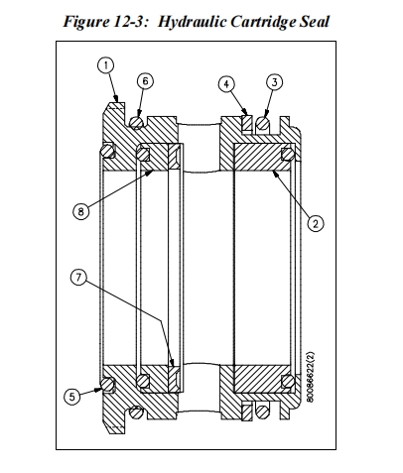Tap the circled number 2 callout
pyautogui.click(x=315, y=224)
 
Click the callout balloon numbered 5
pyautogui.click(x=70, y=395)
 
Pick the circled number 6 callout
pyautogui.click(x=145, y=80)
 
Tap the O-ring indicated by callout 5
pyautogui.click(x=108, y=381)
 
